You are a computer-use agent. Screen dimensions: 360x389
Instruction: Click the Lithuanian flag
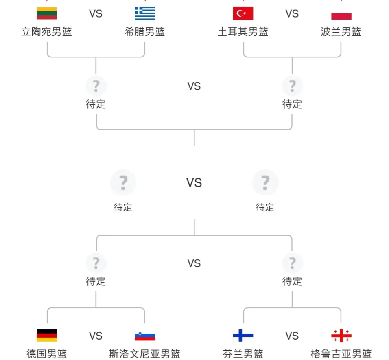pyautogui.click(x=47, y=13)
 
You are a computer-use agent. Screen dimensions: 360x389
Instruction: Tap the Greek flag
pyautogui.click(x=145, y=13)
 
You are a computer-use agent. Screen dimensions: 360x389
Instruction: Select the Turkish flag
pyautogui.click(x=243, y=13)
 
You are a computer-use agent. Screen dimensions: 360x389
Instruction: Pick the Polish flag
pyautogui.click(x=341, y=15)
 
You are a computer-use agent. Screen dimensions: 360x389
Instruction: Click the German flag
pyautogui.click(x=47, y=336)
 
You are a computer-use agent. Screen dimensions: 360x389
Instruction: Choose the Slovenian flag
pyautogui.click(x=145, y=336)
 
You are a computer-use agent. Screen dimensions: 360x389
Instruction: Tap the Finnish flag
pyautogui.click(x=243, y=336)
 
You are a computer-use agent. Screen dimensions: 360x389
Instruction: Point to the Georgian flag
pyautogui.click(x=341, y=336)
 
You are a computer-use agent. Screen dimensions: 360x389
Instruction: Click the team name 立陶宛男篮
pyautogui.click(x=47, y=32)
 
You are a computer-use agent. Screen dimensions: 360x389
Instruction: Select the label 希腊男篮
pyautogui.click(x=145, y=32)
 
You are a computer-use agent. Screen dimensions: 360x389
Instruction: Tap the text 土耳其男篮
pyautogui.click(x=243, y=32)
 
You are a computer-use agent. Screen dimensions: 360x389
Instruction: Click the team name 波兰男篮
pyautogui.click(x=341, y=32)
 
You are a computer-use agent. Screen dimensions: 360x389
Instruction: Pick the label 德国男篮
pyautogui.click(x=47, y=354)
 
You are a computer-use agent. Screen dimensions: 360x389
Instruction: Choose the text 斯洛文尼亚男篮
pyautogui.click(x=145, y=354)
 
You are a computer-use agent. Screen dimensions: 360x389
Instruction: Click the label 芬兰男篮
pyautogui.click(x=243, y=354)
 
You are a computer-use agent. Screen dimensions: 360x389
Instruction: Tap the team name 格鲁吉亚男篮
pyautogui.click(x=341, y=354)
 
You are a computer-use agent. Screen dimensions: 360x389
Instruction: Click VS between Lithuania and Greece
pyautogui.click(x=96, y=14)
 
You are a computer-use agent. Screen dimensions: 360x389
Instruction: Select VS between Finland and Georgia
pyautogui.click(x=292, y=336)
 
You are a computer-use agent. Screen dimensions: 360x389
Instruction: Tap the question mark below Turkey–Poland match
pyautogui.click(x=292, y=86)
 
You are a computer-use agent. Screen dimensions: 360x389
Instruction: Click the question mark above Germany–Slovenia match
pyautogui.click(x=96, y=263)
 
